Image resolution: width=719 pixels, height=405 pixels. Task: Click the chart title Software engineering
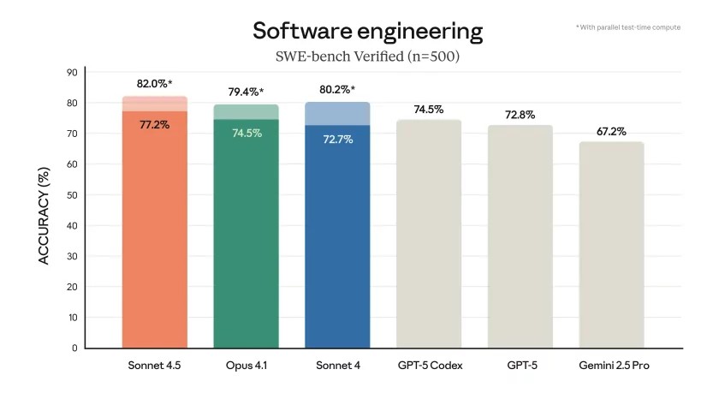pos(367,32)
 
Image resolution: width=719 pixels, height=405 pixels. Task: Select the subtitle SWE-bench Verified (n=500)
pos(367,57)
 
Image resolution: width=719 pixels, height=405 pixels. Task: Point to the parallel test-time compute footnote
pos(628,27)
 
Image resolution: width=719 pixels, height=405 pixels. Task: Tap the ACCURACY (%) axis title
pos(45,210)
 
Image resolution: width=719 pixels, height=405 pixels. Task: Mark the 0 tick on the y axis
pos(74,348)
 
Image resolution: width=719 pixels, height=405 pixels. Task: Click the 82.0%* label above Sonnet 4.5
pos(155,84)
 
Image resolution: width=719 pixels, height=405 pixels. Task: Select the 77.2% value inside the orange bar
pos(155,124)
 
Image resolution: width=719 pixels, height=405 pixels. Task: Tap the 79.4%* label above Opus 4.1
pos(246,92)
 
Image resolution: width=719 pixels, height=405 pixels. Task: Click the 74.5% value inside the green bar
pos(246,133)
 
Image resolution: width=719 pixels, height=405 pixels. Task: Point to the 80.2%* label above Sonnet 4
pos(337,89)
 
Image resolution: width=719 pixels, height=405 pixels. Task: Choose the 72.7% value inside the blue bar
pos(337,138)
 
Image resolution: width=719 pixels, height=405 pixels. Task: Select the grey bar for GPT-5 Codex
pos(429,235)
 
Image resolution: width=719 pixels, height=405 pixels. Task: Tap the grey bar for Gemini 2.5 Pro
pos(611,248)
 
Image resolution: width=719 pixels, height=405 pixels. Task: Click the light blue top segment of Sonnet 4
pos(337,114)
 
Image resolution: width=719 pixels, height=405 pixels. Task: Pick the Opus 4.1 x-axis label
pos(246,366)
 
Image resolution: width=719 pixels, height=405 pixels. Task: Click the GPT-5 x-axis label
pos(520,366)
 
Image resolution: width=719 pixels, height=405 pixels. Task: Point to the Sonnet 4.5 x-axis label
pos(155,366)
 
